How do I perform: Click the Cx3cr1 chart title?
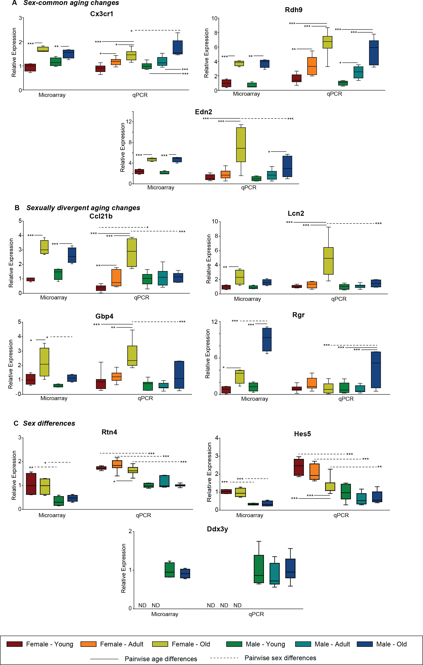(102, 14)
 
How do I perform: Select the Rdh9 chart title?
(294, 10)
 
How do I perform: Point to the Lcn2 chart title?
(296, 213)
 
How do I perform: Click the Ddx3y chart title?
(217, 529)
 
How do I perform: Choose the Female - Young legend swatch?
(14, 644)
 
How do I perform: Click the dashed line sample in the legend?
(224, 658)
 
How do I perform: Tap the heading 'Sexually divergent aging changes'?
(83, 208)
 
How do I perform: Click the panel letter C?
(16, 423)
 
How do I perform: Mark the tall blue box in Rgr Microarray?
(267, 339)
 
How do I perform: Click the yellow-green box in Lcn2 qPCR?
(328, 261)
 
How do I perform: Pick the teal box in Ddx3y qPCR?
(275, 573)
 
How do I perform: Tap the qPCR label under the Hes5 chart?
(341, 515)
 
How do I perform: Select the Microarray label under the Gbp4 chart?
(54, 398)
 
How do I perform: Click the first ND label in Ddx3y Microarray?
(142, 605)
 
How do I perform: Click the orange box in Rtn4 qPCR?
(117, 464)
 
